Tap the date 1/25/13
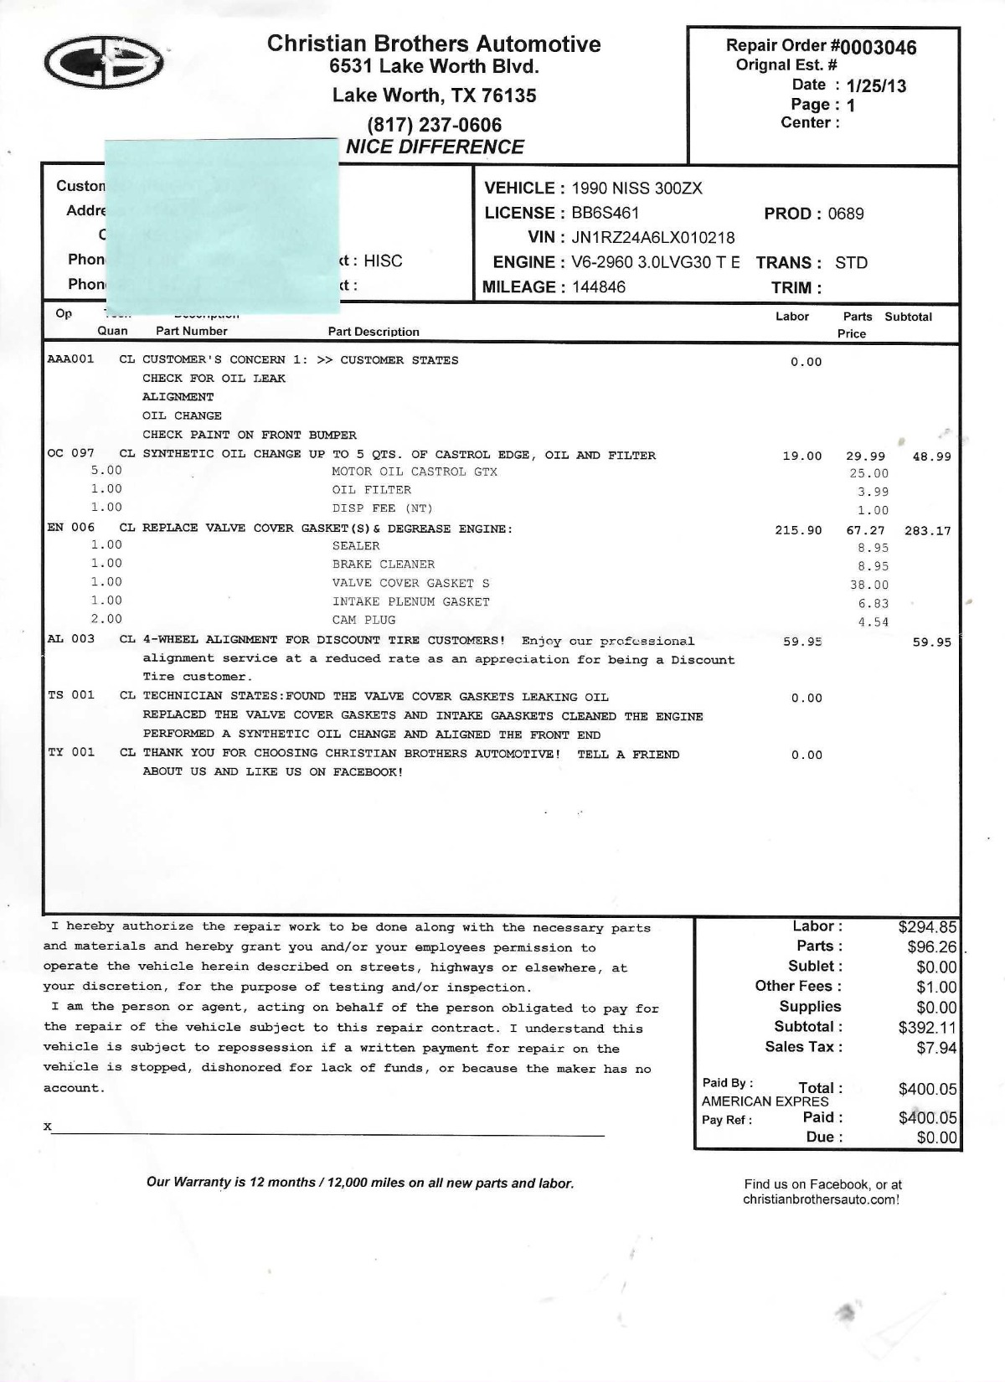tap(876, 86)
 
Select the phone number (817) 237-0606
tap(434, 125)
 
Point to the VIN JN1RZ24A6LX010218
tap(652, 238)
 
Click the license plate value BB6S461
tap(605, 214)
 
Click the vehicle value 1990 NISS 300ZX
tap(636, 188)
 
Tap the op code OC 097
tap(71, 453)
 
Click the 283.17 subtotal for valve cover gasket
tap(927, 530)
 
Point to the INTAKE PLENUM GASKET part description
tap(410, 601)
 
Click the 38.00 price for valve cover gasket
tap(868, 585)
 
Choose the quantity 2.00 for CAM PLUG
tap(106, 619)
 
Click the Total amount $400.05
tap(927, 1089)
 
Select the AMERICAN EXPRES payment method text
tap(765, 1101)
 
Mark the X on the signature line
tap(48, 1127)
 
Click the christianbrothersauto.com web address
tap(821, 1199)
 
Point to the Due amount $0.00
tap(936, 1137)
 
